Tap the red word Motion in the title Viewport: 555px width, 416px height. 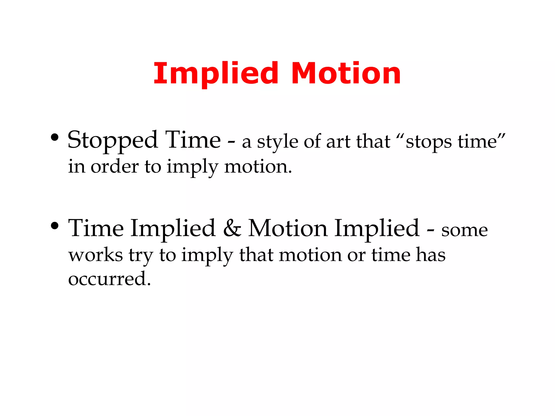[346, 74]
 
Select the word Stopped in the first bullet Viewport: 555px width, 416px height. [112, 141]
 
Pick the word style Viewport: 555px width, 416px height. [277, 142]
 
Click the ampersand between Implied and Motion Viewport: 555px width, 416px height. [232, 228]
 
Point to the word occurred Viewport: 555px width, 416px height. [109, 279]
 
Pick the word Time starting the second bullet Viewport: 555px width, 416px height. [96, 228]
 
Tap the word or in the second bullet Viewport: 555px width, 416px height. [356, 255]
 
